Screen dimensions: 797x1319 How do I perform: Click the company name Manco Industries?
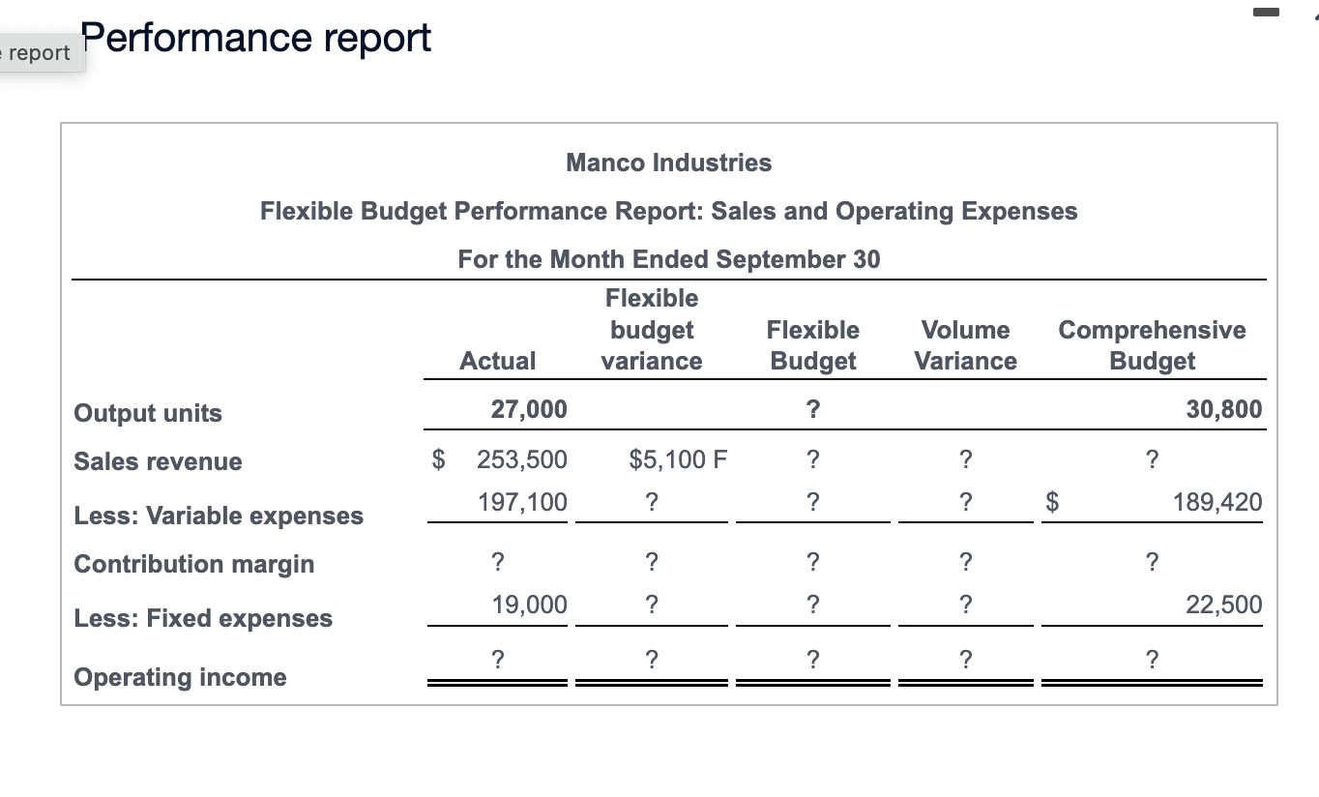coord(668,162)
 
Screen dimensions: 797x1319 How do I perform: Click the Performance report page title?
coord(256,39)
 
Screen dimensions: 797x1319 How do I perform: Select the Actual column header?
coord(497,361)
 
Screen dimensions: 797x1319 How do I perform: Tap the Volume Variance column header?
coord(965,345)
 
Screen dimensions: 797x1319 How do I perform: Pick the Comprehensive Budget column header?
coord(1152,345)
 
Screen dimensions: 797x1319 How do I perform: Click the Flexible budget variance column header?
coord(651,330)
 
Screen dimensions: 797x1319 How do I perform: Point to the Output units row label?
coord(148,413)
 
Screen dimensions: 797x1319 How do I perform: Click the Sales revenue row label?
coord(158,461)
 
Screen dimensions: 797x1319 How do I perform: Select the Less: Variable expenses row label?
coord(219,516)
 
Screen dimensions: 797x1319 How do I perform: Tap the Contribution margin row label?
coord(193,564)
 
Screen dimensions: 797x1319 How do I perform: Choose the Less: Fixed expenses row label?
coord(203,618)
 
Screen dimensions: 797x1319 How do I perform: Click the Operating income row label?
coord(180,677)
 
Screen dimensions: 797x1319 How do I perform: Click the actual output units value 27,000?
coord(529,409)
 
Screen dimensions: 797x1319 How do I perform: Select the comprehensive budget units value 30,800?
coord(1223,409)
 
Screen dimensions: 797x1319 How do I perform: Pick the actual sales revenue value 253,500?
coord(522,458)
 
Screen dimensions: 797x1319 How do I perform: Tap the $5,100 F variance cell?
coord(677,458)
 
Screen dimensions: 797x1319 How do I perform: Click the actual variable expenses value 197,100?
coord(523,502)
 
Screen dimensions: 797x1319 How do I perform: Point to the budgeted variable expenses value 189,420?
coord(1216,502)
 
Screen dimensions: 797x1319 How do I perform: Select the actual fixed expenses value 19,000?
coord(529,605)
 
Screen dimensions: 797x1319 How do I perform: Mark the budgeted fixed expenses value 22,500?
coord(1223,605)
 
